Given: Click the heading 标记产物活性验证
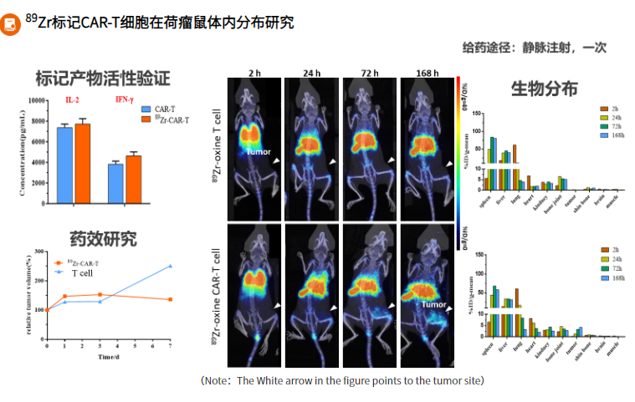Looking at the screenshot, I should [103, 79].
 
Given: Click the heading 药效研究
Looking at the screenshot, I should [103, 239].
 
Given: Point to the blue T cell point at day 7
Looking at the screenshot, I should [171, 266].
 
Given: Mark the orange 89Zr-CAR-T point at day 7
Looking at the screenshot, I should [171, 299].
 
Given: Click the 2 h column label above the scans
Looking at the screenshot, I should [254, 74].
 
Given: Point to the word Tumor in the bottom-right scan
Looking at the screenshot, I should [433, 305].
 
